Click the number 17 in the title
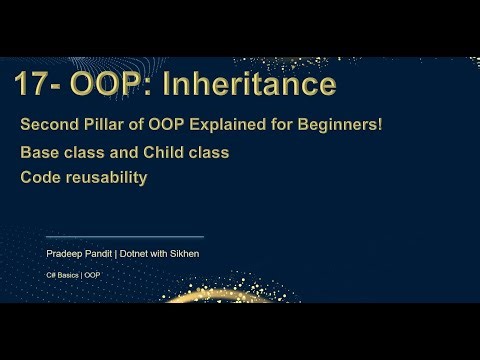pyautogui.click(x=33, y=85)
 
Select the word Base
pyautogui.click(x=40, y=153)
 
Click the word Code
pyautogui.click(x=41, y=177)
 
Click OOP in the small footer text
pyautogui.click(x=92, y=274)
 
